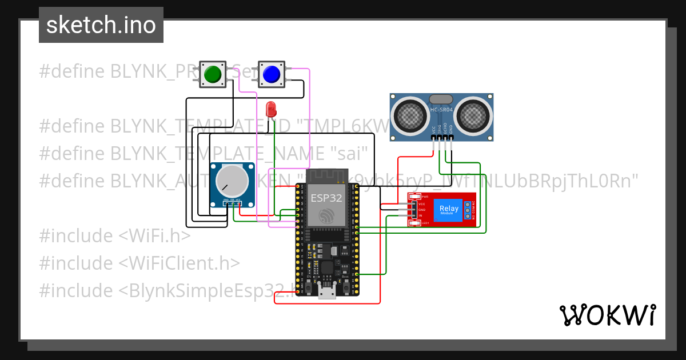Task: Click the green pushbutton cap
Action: coord(213,75)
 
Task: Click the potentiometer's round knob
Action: coord(232,181)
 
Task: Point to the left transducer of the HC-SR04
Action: coord(409,116)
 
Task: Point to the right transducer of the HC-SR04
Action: coord(474,116)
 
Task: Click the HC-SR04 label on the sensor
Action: coord(441,109)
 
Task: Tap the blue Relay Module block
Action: coord(449,210)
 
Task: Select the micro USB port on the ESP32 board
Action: coord(326,292)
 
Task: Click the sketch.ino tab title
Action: coord(101,25)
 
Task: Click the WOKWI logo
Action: coord(607,315)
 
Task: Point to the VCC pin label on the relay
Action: coord(422,204)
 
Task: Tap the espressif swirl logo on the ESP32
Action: coord(326,216)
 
